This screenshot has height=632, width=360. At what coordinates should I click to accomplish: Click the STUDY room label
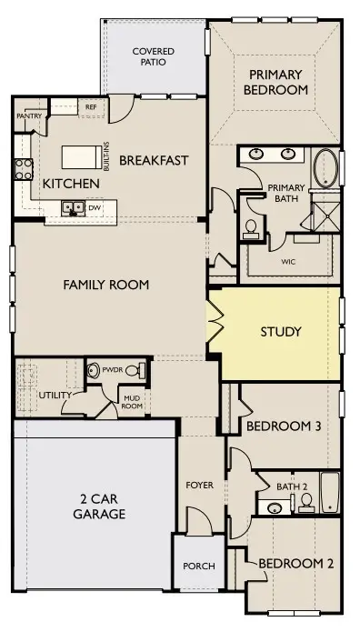click(x=281, y=332)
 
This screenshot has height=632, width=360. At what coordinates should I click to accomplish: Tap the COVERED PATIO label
click(x=154, y=56)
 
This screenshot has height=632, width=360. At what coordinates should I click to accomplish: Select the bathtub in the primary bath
click(x=325, y=168)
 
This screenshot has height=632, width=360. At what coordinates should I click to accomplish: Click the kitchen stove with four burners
click(x=24, y=169)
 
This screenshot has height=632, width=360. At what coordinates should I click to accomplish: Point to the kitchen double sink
click(x=73, y=207)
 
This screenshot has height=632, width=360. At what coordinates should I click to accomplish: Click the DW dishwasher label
click(x=94, y=207)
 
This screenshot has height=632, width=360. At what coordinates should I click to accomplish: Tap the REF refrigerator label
click(x=91, y=107)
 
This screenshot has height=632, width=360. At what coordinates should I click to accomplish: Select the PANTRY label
click(x=29, y=116)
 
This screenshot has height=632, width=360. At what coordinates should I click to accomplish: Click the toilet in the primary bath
click(x=251, y=227)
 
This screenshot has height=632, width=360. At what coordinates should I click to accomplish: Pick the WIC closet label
click(x=288, y=262)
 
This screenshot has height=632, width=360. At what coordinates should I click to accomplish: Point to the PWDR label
click(x=112, y=369)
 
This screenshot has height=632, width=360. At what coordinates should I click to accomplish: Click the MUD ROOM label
click(x=132, y=402)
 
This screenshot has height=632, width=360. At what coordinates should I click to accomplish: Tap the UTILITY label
click(x=55, y=395)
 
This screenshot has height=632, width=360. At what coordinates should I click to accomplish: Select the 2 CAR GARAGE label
click(x=99, y=507)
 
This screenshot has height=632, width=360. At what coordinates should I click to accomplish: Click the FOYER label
click(x=200, y=486)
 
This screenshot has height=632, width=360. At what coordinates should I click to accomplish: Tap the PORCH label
click(x=199, y=567)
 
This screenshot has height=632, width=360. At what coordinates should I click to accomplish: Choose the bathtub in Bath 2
click(x=330, y=493)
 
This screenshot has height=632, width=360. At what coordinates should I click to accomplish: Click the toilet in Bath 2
click(x=306, y=502)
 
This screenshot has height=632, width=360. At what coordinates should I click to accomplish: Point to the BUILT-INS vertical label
click(x=106, y=156)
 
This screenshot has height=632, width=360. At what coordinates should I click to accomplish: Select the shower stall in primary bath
click(x=327, y=216)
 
